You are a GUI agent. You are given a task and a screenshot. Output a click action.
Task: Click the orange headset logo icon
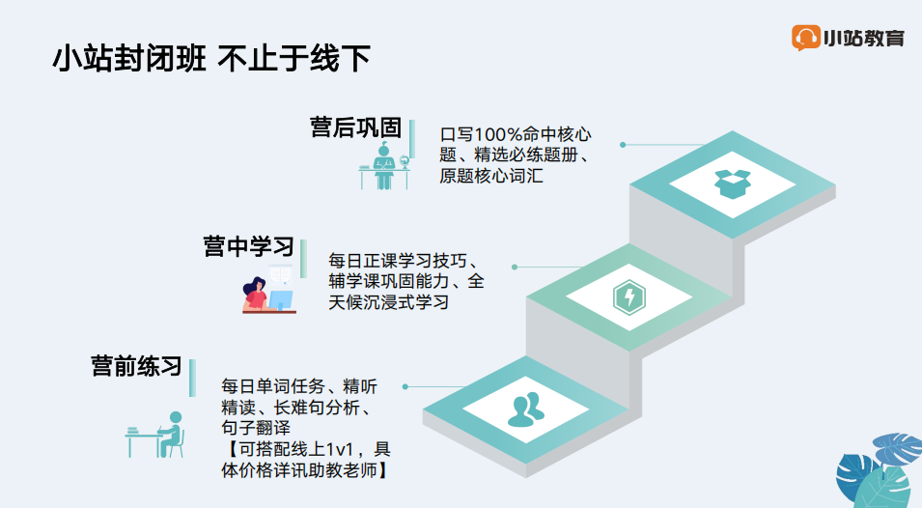pos(805,38)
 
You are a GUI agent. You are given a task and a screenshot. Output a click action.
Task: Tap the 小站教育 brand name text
pos(864,39)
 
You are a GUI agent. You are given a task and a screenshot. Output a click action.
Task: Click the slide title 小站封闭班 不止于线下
pos(211,58)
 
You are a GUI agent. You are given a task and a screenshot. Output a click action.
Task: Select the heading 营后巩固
pos(355,127)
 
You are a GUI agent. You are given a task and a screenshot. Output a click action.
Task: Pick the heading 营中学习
pos(249,246)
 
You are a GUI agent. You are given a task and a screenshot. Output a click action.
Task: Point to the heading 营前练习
pos(136,366)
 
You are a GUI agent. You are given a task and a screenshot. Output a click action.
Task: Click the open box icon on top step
pos(732,183)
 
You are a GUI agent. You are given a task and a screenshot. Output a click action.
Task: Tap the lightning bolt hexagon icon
pos(629,296)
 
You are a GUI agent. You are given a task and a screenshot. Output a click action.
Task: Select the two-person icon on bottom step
pos(526,409)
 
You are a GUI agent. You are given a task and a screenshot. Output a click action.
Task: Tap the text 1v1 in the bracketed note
pos(339,450)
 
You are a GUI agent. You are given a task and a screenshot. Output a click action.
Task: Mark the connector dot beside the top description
pos(623,145)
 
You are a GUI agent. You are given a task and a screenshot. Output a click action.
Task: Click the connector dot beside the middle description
pos(515,267)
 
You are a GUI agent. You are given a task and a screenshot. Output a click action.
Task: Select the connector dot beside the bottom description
pos(405,387)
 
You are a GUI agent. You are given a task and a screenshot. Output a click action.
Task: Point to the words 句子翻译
pos(256,428)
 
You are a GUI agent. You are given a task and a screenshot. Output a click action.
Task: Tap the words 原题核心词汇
pos(491,176)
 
